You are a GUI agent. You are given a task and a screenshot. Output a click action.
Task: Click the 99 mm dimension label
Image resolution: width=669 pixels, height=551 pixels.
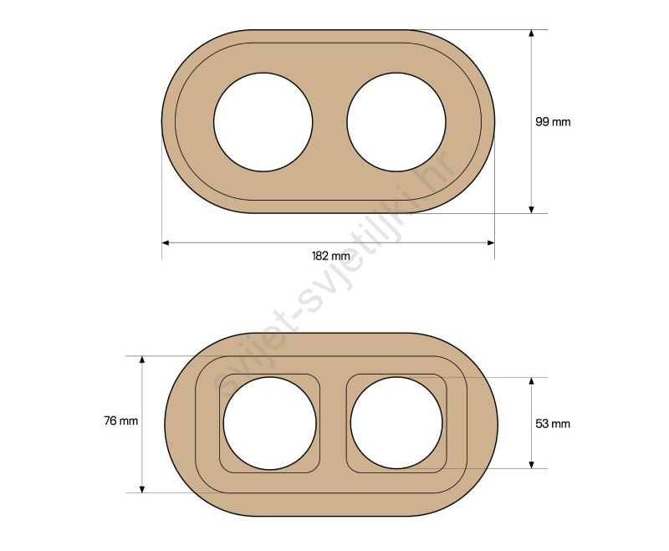553,122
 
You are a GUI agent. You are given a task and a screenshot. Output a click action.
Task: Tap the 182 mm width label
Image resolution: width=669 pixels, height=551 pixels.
330,256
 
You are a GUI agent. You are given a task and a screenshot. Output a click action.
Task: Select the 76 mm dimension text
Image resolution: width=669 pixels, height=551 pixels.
121,421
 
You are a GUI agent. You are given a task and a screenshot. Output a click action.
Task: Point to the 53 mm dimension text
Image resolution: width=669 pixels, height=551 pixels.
553,423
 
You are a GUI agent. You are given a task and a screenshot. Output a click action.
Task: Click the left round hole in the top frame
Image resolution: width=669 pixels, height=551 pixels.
263,122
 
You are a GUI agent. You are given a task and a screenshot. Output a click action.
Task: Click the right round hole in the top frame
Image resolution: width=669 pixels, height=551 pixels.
396,122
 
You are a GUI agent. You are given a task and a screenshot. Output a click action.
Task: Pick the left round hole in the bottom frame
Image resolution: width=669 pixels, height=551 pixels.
269,423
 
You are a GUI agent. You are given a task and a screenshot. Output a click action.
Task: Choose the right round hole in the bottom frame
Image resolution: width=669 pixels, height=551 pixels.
396,423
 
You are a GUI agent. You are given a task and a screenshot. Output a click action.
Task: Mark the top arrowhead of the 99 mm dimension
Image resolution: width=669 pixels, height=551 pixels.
531,33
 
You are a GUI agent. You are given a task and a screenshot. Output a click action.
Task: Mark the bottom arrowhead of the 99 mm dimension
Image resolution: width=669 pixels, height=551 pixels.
531,210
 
